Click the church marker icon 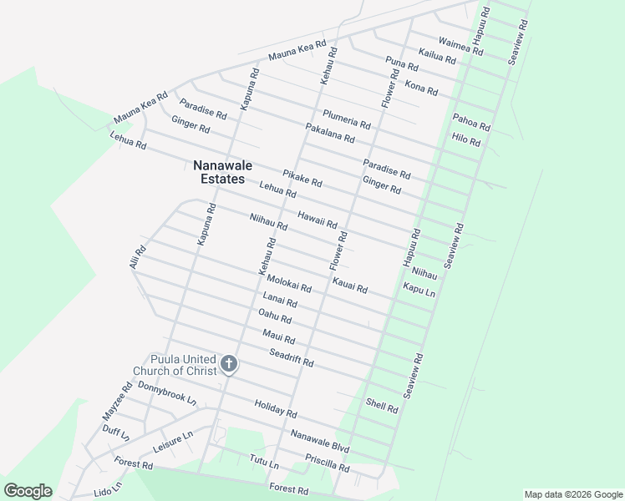[x=228, y=364]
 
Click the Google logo [x=28, y=491]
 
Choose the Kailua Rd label [x=437, y=57]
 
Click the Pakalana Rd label [x=330, y=133]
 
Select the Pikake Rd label [x=302, y=179]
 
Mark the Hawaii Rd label [x=318, y=219]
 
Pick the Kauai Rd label [x=350, y=286]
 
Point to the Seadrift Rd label [x=291, y=358]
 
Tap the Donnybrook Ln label [x=167, y=393]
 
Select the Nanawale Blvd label [x=320, y=441]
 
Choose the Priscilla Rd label [x=327, y=463]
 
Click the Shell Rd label [x=382, y=405]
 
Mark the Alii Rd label [x=138, y=256]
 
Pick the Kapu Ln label [x=419, y=290]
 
